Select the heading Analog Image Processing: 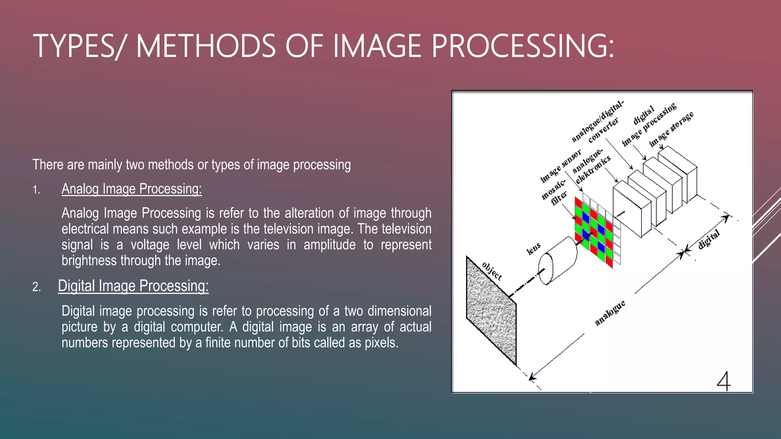pos(132,189)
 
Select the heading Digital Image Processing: pos(133,286)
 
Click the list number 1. pos(36,190)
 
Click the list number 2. pos(36,287)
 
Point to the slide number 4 pos(723,381)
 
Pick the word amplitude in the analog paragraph pos(329,245)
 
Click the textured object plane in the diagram pos(491,311)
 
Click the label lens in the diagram pos(534,248)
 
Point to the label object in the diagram pos(492,271)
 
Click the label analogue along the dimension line pos(610,313)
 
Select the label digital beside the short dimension pos(709,240)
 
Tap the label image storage pos(671,129)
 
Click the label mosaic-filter pos(555,193)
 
